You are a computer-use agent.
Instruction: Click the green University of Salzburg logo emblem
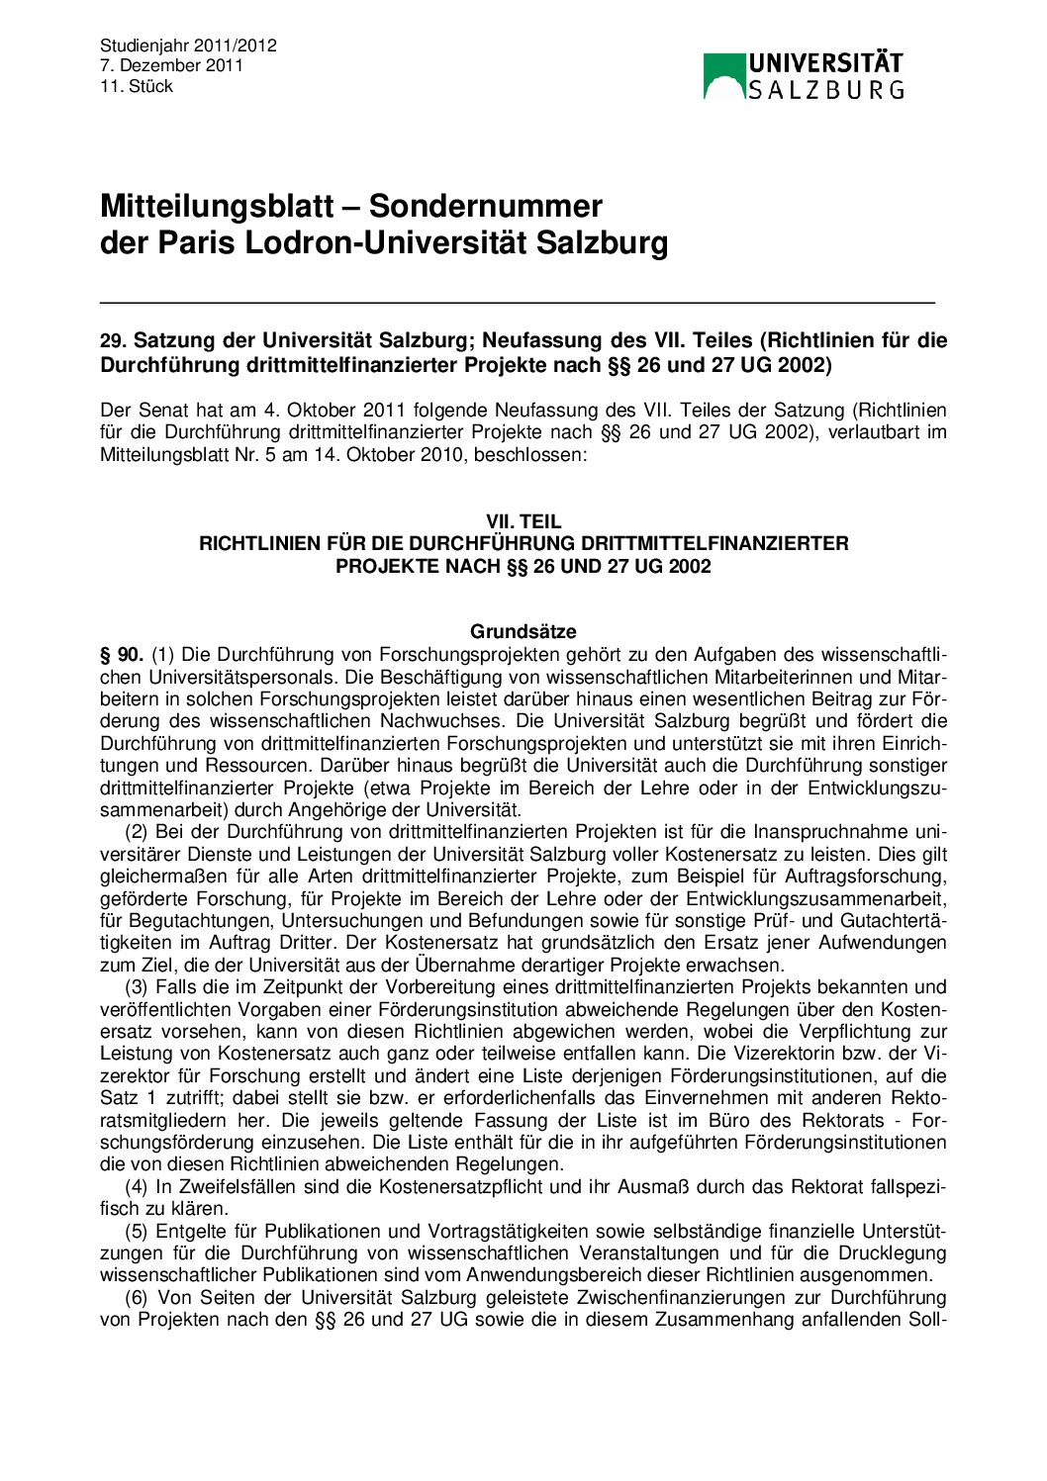[723, 76]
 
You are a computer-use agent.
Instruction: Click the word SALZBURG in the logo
[825, 90]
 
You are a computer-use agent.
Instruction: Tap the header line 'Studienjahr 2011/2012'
[188, 46]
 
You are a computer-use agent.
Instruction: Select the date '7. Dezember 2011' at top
[171, 65]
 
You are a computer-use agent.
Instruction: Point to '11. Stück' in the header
[136, 86]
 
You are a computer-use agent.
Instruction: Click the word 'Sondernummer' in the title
[485, 206]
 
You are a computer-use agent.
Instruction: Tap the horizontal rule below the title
[517, 302]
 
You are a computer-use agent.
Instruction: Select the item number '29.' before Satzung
[113, 341]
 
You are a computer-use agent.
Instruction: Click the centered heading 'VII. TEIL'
[523, 521]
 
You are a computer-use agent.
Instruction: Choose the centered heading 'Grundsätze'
[523, 631]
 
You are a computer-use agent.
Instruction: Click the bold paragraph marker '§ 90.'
[122, 655]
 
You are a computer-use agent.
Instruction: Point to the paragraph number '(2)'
[137, 832]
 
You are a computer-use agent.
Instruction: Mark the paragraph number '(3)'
[137, 987]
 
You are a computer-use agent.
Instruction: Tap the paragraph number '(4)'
[137, 1187]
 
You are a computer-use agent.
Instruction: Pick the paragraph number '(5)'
[137, 1232]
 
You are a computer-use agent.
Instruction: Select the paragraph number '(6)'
[137, 1298]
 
